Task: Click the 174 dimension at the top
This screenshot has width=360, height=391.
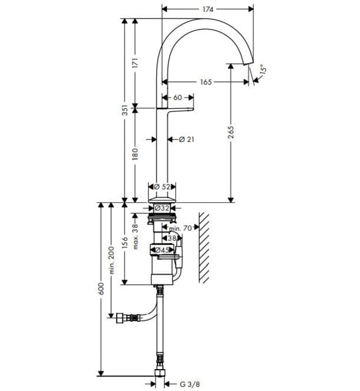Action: [208, 9]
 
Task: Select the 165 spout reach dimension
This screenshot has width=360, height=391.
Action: [205, 82]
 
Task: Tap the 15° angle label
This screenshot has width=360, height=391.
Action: [263, 70]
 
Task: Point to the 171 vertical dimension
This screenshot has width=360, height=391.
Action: [134, 63]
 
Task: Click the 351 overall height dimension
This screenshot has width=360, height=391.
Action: [125, 110]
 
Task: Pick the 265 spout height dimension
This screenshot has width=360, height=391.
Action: [231, 133]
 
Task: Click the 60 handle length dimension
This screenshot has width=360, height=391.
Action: [177, 98]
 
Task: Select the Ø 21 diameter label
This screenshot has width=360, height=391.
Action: [185, 139]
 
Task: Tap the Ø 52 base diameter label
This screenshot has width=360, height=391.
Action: [162, 186]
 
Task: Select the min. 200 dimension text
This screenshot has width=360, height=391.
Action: [112, 261]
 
